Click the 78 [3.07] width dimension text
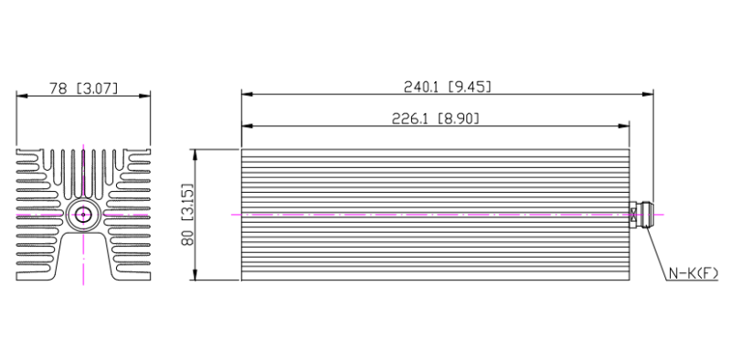(83, 88)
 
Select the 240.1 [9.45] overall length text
(447, 87)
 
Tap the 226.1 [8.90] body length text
(436, 119)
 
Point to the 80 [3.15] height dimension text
(187, 214)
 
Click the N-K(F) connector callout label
(694, 273)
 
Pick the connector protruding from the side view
(641, 215)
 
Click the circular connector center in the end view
(83, 215)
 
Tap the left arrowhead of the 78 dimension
(22, 96)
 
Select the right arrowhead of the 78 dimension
(144, 96)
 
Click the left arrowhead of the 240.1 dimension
(248, 94)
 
